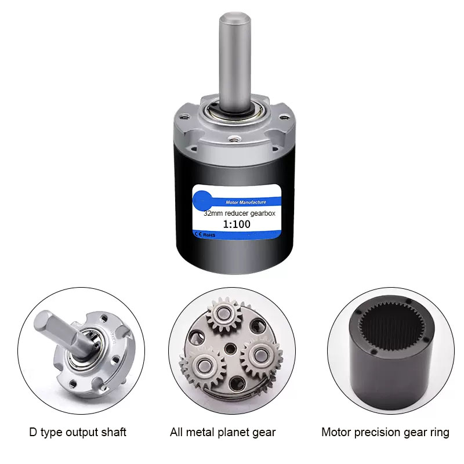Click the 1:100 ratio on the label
(237, 224)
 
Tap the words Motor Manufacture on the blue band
(246, 202)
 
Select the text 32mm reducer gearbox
(240, 213)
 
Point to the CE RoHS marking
(205, 235)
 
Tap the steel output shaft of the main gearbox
(235, 61)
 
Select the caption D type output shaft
(78, 432)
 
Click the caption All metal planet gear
(223, 432)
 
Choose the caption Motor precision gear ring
(385, 432)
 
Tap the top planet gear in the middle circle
(224, 314)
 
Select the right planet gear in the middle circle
(262, 354)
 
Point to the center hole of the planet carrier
(230, 349)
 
